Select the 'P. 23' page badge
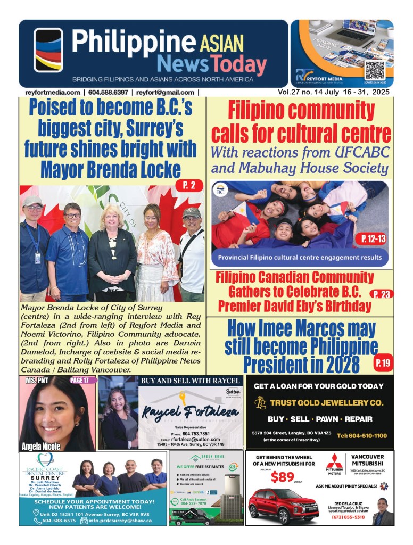point(381,294)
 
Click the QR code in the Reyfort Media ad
point(374,70)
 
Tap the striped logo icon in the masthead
point(48,51)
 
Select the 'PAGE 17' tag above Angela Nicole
point(82,381)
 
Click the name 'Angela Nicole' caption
point(42,446)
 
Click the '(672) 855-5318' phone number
point(348,517)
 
